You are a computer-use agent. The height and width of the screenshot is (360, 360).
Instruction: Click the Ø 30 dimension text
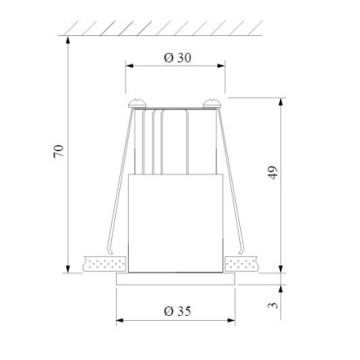[x=175, y=58]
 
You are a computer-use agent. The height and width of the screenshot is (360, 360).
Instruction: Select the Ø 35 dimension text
[x=176, y=310]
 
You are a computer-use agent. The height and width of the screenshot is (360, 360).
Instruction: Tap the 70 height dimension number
[x=58, y=151]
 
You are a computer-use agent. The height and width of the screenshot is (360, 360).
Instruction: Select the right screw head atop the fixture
[x=213, y=102]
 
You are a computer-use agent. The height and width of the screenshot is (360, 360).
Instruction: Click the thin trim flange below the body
[x=175, y=278]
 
